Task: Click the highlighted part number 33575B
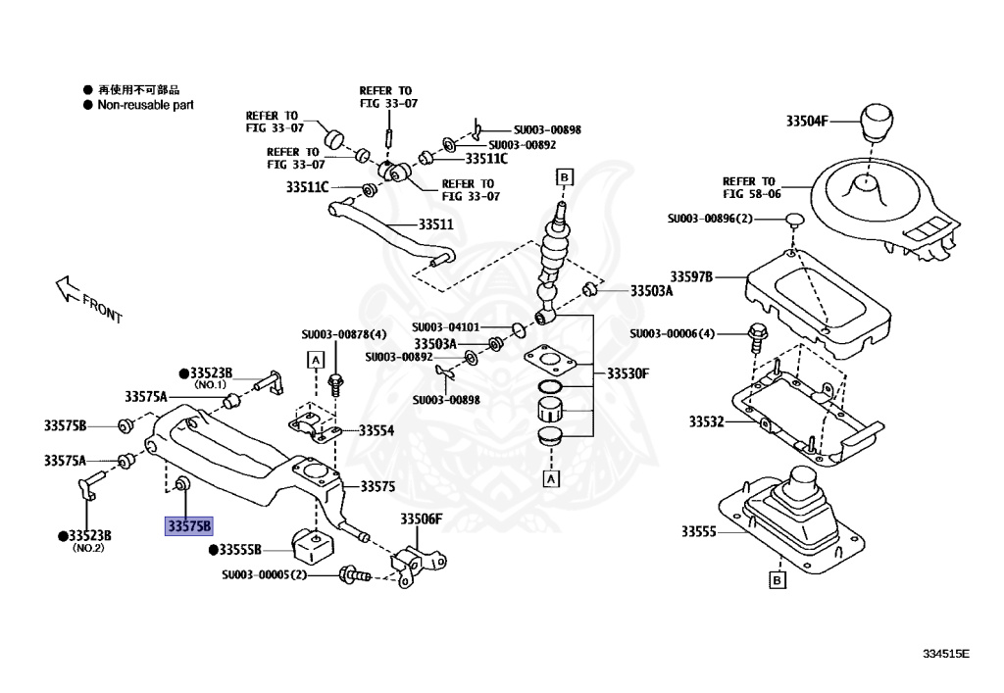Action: click(x=189, y=526)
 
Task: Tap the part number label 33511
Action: click(x=436, y=224)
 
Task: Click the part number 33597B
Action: click(x=691, y=277)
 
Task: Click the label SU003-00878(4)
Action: click(x=344, y=334)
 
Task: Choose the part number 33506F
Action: click(x=421, y=519)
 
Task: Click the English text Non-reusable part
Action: click(x=145, y=104)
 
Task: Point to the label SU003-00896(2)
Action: click(x=709, y=218)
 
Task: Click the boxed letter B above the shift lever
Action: click(x=564, y=176)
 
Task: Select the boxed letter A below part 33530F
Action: click(x=551, y=479)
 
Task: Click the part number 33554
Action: click(x=376, y=429)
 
